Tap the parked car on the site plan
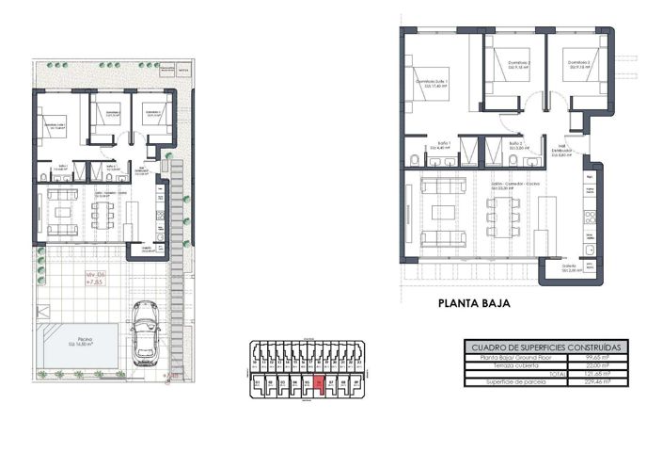tap(145, 332)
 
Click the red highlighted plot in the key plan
tap(319, 383)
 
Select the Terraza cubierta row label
tap(509, 366)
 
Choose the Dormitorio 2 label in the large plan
tap(515, 65)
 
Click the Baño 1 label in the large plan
tap(441, 145)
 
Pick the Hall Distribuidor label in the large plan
tap(560, 152)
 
